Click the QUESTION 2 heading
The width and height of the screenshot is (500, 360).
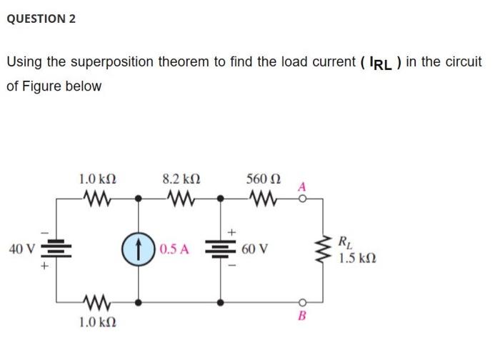pos(41,19)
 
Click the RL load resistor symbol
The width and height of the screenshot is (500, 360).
pos(324,250)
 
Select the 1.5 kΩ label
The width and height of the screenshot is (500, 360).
pos(356,257)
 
